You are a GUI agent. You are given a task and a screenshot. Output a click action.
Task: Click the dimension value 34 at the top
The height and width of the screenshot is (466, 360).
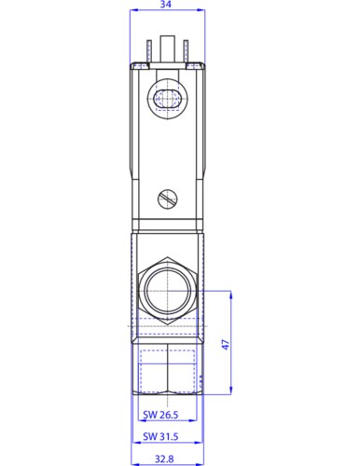166,5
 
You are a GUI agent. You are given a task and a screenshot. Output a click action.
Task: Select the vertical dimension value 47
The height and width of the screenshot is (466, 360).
226,344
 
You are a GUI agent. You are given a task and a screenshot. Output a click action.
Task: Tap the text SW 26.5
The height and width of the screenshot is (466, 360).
160,415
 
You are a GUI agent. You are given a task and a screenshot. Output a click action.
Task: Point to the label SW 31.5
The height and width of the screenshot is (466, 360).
160,436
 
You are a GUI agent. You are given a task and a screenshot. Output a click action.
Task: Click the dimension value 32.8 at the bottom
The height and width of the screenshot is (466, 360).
164,459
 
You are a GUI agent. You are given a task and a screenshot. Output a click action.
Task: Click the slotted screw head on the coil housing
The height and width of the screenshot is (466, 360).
168,199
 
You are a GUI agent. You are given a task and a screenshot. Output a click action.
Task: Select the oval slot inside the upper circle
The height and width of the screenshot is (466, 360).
167,99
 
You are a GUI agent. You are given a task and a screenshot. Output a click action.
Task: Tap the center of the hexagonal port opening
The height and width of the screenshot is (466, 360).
167,291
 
